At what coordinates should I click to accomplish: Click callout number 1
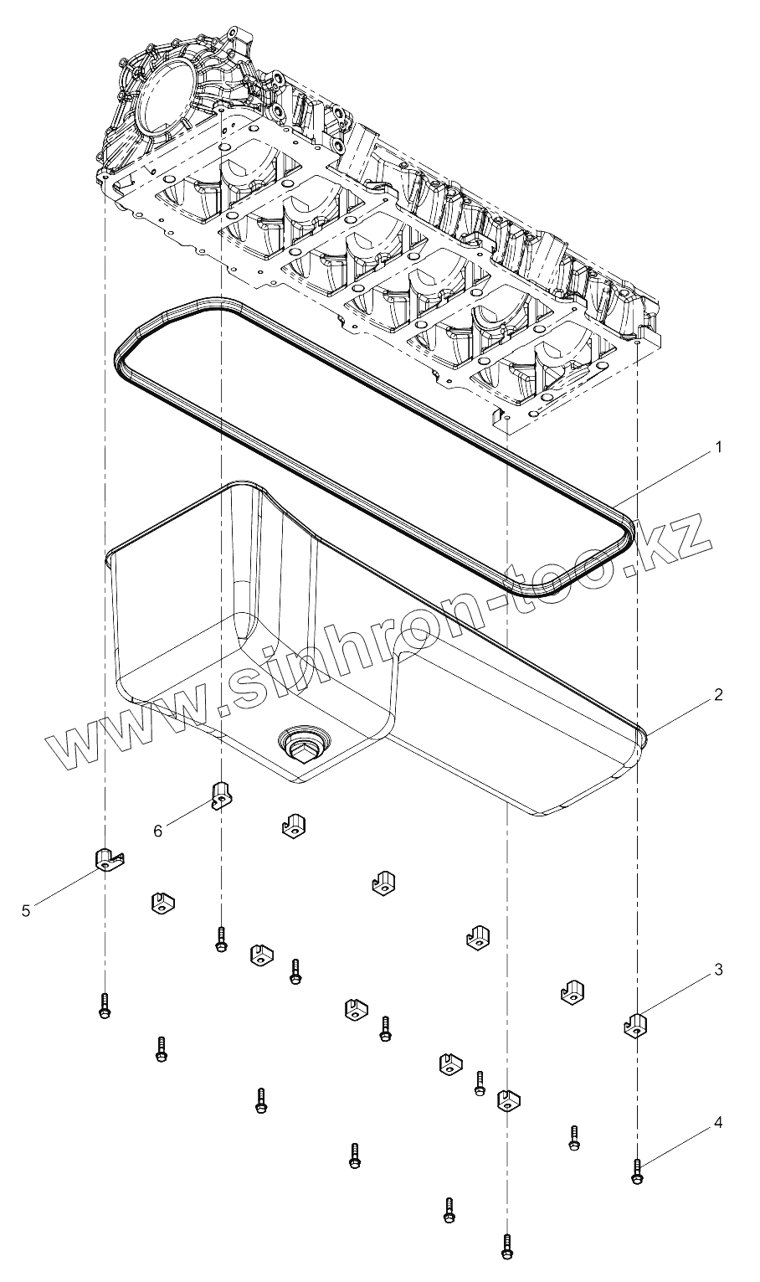[x=716, y=447]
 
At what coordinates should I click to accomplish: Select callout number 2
[x=717, y=694]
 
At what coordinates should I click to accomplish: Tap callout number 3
[x=717, y=970]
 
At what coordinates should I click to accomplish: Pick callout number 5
[x=26, y=910]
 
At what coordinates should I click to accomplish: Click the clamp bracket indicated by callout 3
[x=637, y=1025]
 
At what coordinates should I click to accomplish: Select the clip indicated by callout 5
[x=105, y=858]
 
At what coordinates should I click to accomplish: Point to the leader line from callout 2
[x=679, y=713]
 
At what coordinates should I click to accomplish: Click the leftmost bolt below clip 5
[x=105, y=1006]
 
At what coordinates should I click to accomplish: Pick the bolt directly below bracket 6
[x=220, y=939]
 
